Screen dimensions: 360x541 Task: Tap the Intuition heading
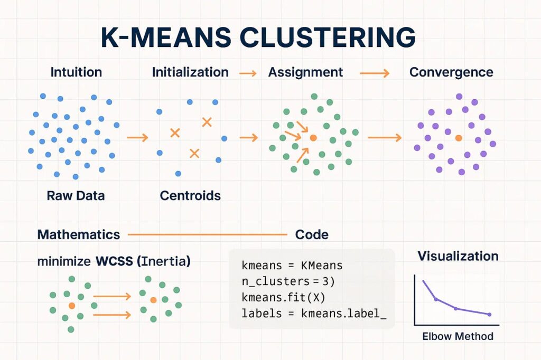coord(76,72)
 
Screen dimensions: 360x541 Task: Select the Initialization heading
coord(190,72)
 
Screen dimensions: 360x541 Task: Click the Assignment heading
coord(305,72)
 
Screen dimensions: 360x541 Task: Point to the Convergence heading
coord(451,72)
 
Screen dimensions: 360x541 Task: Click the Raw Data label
coord(76,196)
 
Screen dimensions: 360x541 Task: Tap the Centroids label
coord(190,196)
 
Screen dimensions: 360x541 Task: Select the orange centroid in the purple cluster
coord(458,138)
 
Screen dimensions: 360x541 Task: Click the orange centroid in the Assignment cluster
coord(313,138)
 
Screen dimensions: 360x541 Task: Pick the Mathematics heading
coord(79,234)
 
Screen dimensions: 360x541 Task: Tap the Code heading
coord(312,234)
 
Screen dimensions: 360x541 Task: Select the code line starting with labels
coord(314,314)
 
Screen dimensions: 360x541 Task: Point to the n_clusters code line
coord(285,282)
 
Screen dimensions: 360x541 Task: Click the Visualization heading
coord(458,257)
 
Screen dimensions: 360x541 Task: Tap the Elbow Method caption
coord(458,336)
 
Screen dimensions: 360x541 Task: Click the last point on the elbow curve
coord(490,315)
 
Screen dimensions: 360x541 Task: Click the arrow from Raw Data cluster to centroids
coord(138,138)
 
